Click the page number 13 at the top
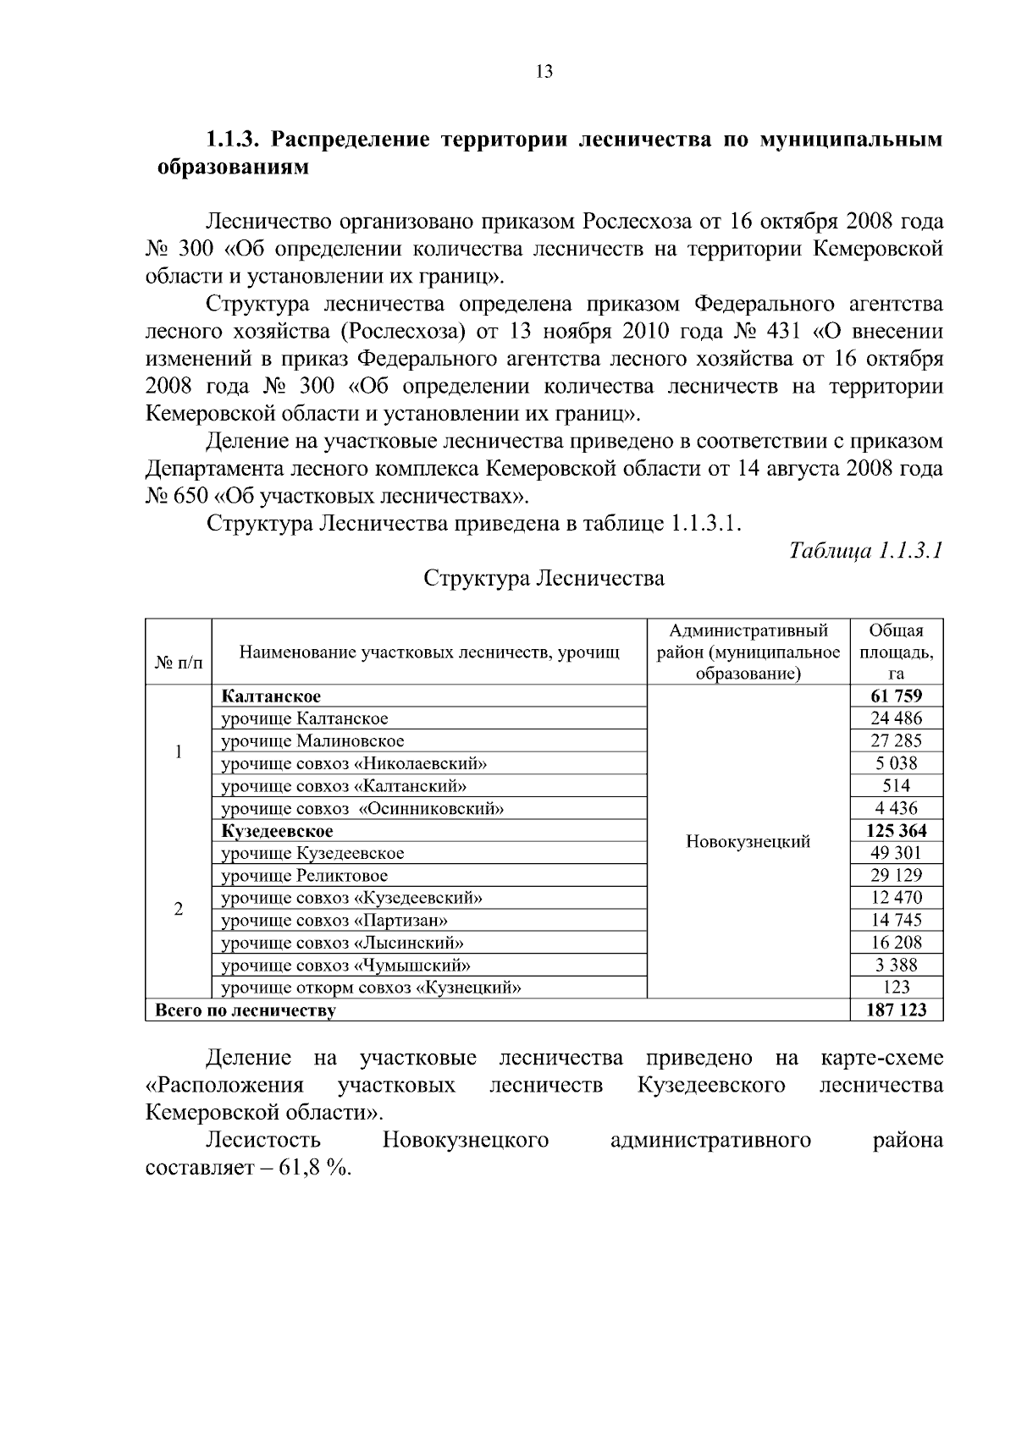pyautogui.click(x=544, y=72)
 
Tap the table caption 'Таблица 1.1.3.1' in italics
pyautogui.click(x=865, y=552)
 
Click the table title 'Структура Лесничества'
pyautogui.click(x=544, y=579)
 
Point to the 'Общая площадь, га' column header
pyautogui.click(x=896, y=652)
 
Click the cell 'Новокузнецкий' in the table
pyautogui.click(x=748, y=842)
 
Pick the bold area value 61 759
pyautogui.click(x=896, y=696)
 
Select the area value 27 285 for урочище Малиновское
pyautogui.click(x=896, y=740)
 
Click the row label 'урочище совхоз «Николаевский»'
pyautogui.click(x=354, y=763)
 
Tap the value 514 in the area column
pyautogui.click(x=896, y=785)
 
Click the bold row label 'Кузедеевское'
pyautogui.click(x=278, y=831)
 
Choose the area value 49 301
pyautogui.click(x=896, y=853)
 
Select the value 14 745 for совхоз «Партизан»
pyautogui.click(x=896, y=920)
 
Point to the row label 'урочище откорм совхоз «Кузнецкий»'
pyautogui.click(x=371, y=988)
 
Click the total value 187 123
pyautogui.click(x=896, y=1010)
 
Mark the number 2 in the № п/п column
pyautogui.click(x=179, y=909)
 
